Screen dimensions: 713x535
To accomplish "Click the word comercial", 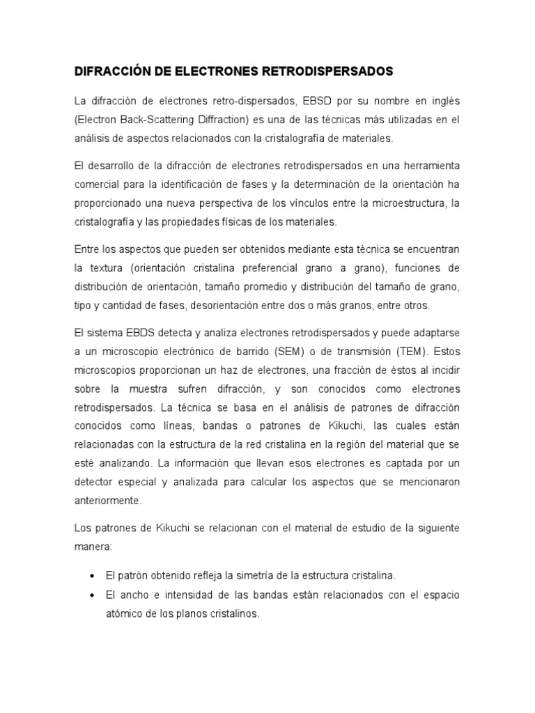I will coord(98,185).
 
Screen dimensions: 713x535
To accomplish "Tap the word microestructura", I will coord(395,203).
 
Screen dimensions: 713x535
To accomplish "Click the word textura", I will coord(104,268).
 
